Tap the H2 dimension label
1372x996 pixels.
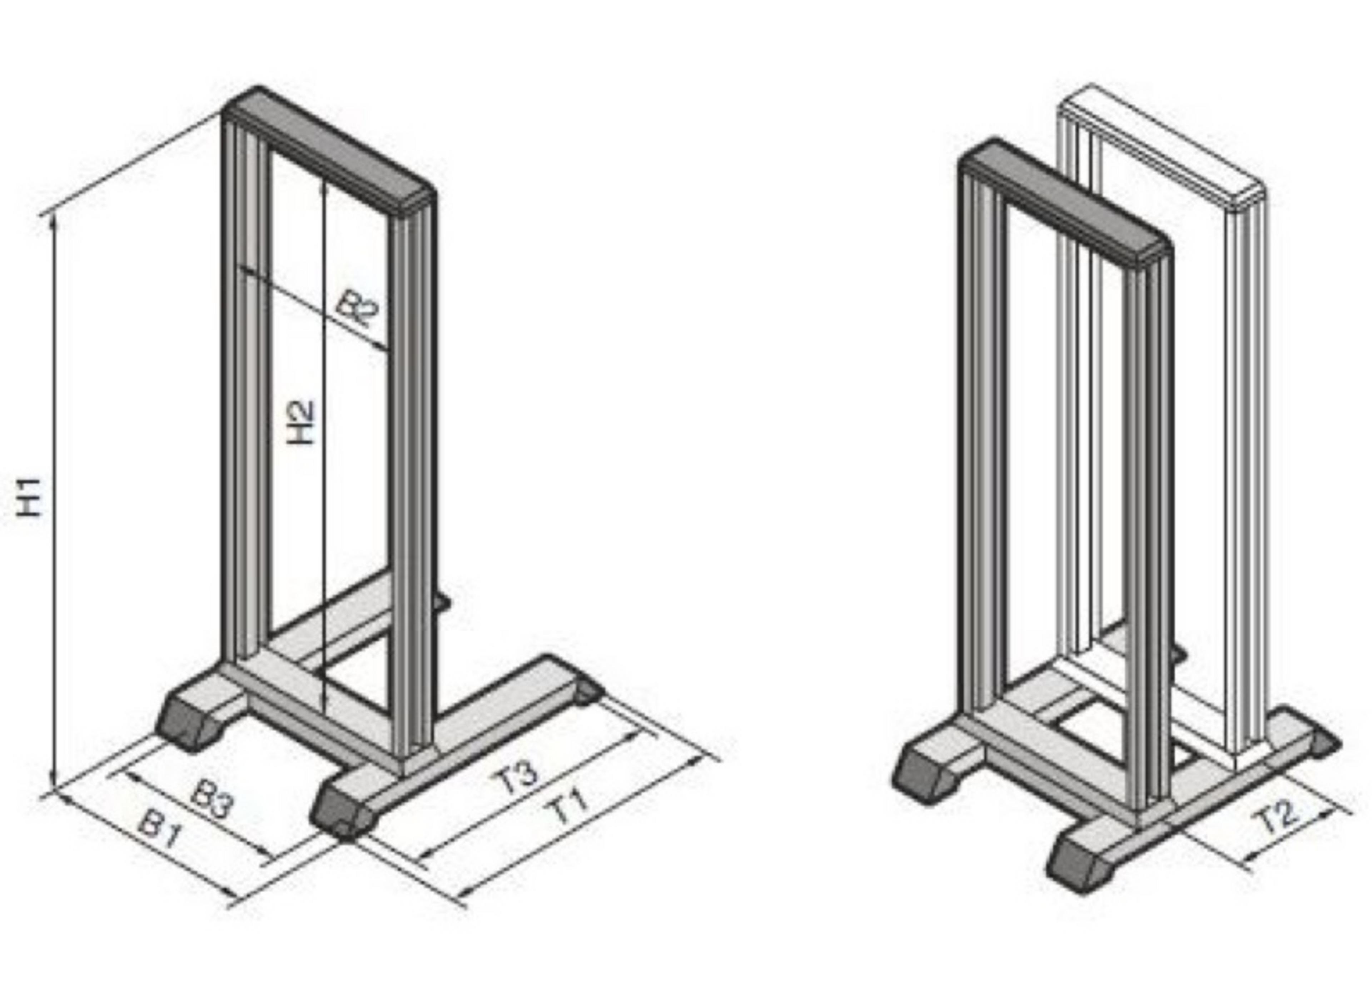tap(300, 423)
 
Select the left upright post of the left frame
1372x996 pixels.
tap(245, 393)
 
